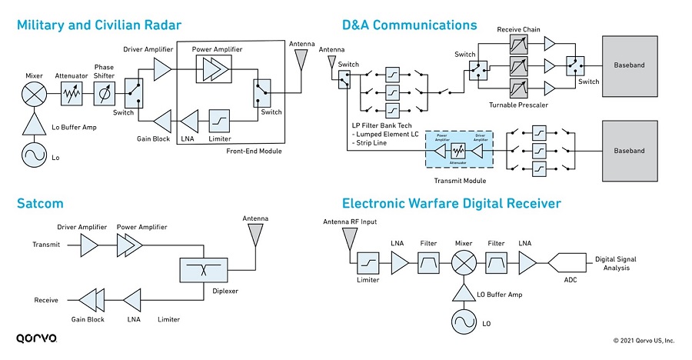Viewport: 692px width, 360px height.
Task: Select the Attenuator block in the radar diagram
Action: (72, 96)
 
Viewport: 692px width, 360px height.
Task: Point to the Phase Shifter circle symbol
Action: (105, 96)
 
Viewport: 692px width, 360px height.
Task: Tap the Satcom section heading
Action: (40, 203)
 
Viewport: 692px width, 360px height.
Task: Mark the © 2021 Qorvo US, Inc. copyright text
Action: (644, 340)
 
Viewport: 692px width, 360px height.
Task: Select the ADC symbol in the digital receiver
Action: (564, 263)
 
